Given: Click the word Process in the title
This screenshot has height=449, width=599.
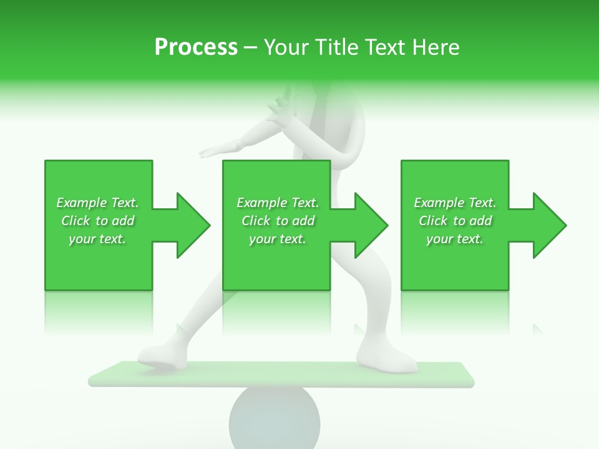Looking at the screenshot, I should pos(196,47).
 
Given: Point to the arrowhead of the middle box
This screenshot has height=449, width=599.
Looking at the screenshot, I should pos(371,225).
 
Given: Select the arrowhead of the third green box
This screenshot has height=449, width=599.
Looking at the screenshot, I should pos(549,225).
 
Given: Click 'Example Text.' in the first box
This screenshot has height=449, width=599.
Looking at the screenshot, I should pos(97,203).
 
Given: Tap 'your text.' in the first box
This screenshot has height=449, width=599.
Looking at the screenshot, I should pos(97,239).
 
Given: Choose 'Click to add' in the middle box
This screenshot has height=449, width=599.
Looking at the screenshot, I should pos(278,221).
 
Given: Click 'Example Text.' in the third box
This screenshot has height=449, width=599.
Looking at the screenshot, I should pos(455,203).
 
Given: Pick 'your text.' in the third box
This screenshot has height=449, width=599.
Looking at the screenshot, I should pos(455,239).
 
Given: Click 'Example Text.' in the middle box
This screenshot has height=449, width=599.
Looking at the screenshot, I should pos(278,203).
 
